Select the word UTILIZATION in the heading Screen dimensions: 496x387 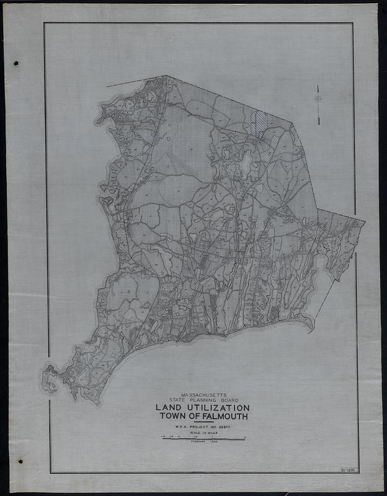pyautogui.click(x=221, y=408)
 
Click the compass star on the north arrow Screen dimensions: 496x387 pyautogui.click(x=318, y=99)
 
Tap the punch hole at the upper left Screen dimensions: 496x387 pyautogui.click(x=16, y=63)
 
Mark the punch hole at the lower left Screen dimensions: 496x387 pyautogui.click(x=20, y=461)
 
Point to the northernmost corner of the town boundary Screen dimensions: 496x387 pyautogui.click(x=166, y=76)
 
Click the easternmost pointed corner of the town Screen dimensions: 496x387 pyautogui.click(x=365, y=221)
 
